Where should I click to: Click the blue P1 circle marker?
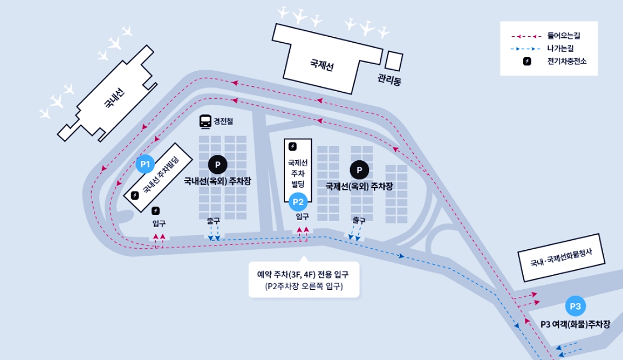pyautogui.click(x=145, y=164)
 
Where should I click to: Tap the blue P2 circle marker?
pyautogui.click(x=299, y=202)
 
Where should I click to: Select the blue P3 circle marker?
pyautogui.click(x=576, y=306)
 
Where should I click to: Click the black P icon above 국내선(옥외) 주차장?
pyautogui.click(x=217, y=164)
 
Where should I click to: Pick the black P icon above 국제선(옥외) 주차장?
pyautogui.click(x=359, y=170)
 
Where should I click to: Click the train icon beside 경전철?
pyautogui.click(x=205, y=121)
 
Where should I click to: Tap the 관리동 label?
pyautogui.click(x=390, y=80)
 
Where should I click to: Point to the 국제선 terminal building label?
pyautogui.click(x=322, y=66)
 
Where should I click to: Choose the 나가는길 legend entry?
pyautogui.click(x=560, y=49)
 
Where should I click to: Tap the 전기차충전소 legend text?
pyautogui.click(x=567, y=61)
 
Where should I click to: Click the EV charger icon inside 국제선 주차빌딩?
pyautogui.click(x=293, y=147)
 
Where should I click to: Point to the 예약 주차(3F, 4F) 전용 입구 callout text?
pyautogui.click(x=303, y=273)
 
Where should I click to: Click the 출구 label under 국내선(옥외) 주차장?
pyautogui.click(x=214, y=220)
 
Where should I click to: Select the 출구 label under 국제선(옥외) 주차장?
pyautogui.click(x=359, y=220)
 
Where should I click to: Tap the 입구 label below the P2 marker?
pyautogui.click(x=302, y=217)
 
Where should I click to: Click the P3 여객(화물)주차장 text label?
pyautogui.click(x=575, y=324)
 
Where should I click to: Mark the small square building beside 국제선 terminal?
pyautogui.click(x=395, y=61)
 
